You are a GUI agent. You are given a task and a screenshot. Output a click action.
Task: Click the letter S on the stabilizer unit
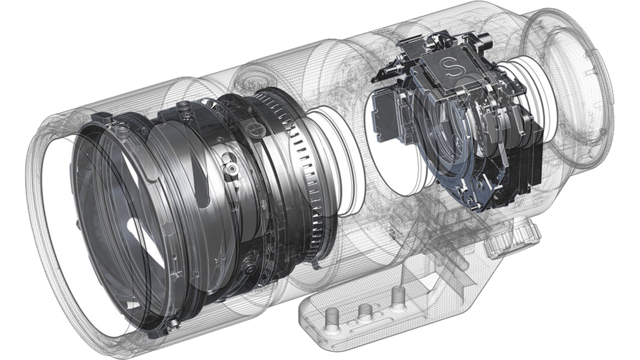tap(450, 66)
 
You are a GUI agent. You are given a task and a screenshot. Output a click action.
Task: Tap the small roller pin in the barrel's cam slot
tap(232, 168)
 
